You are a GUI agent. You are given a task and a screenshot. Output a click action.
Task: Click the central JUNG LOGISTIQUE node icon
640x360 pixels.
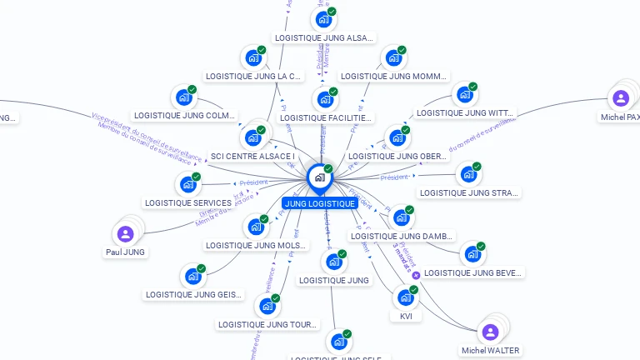pyautogui.click(x=319, y=177)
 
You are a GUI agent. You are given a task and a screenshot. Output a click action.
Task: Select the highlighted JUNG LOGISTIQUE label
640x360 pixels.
pyautogui.click(x=320, y=203)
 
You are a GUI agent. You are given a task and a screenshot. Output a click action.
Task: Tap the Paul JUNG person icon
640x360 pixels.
pyautogui.click(x=125, y=233)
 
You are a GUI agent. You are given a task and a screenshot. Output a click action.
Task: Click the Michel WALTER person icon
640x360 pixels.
pyautogui.click(x=490, y=332)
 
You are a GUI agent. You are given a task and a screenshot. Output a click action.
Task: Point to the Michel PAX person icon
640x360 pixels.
pyautogui.click(x=620, y=98)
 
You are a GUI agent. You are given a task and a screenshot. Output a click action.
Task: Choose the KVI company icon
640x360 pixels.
pyautogui.click(x=405, y=297)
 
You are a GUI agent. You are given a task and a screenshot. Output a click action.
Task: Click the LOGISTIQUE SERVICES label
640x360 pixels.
pyautogui.click(x=188, y=202)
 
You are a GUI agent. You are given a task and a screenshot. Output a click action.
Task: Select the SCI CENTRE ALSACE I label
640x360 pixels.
pyautogui.click(x=252, y=156)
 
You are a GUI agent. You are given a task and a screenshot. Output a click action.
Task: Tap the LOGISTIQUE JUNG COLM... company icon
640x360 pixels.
pyautogui.click(x=183, y=97)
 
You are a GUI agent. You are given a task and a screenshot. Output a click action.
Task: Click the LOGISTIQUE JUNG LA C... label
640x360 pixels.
pyautogui.click(x=253, y=77)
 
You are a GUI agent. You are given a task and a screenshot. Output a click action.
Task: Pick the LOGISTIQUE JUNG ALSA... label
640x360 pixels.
pyautogui.click(x=324, y=37)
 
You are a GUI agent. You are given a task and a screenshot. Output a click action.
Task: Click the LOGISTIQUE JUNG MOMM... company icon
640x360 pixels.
pyautogui.click(x=392, y=58)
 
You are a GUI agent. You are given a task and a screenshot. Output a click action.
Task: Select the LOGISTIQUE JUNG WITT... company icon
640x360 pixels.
pyautogui.click(x=463, y=94)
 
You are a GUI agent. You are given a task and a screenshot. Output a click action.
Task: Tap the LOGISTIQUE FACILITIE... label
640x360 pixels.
pyautogui.click(x=326, y=117)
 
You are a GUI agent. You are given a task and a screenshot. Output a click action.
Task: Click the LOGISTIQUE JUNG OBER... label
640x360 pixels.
pyautogui.click(x=397, y=156)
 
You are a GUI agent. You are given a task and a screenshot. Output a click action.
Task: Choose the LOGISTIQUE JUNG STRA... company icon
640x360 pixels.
pyautogui.click(x=469, y=174)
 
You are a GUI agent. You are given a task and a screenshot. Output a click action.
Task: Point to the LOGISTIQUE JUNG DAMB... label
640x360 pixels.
pyautogui.click(x=402, y=236)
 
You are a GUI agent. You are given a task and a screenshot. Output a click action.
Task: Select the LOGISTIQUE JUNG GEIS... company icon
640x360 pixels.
pyautogui.click(x=192, y=276)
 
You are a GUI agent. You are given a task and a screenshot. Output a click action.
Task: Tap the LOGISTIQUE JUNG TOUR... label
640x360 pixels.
pyautogui.click(x=267, y=324)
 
